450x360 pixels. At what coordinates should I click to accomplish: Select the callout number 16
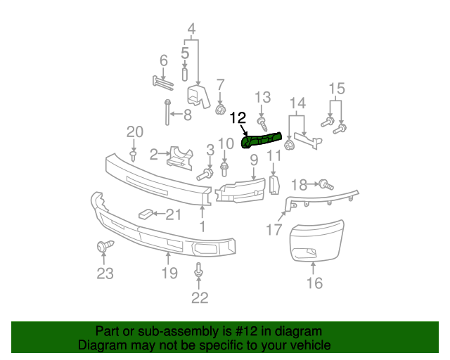(x=314, y=283)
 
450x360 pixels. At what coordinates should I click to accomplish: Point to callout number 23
(x=105, y=274)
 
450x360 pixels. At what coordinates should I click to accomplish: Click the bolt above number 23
(x=104, y=247)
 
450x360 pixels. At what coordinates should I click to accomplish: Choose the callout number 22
(x=200, y=297)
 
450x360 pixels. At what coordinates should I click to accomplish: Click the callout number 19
(x=169, y=274)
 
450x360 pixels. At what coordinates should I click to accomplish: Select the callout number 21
(x=173, y=214)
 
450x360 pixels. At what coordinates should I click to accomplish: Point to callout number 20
(x=134, y=131)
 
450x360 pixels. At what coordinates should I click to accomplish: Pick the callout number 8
(x=187, y=115)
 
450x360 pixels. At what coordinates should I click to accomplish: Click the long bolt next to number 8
(x=168, y=112)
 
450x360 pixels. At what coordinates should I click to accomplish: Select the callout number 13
(x=262, y=97)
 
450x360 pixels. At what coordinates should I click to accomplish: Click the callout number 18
(x=299, y=185)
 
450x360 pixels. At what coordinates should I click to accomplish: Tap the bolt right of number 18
(x=325, y=185)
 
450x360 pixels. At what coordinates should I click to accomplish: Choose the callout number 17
(x=274, y=229)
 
